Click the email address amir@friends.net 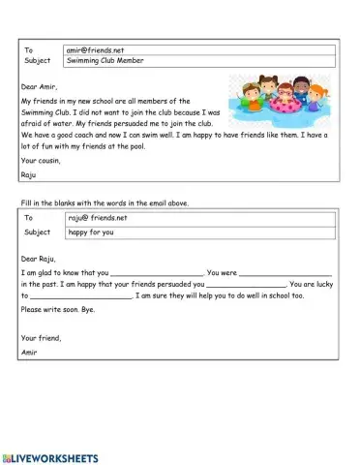(94, 48)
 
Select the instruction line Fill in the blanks (105, 202)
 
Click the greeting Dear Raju (38, 259)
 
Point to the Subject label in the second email (37, 232)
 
